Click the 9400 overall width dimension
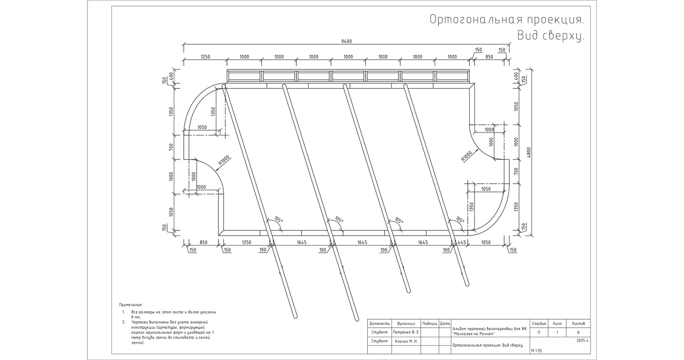347,41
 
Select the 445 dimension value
461,242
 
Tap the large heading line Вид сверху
550,36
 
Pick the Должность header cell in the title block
379,323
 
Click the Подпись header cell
429,323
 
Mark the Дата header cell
445,323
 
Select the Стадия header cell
538,323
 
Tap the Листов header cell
578,323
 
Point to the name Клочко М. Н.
405,341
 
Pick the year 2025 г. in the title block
582,341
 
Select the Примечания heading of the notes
131,304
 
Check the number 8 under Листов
578,332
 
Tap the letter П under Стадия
538,332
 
